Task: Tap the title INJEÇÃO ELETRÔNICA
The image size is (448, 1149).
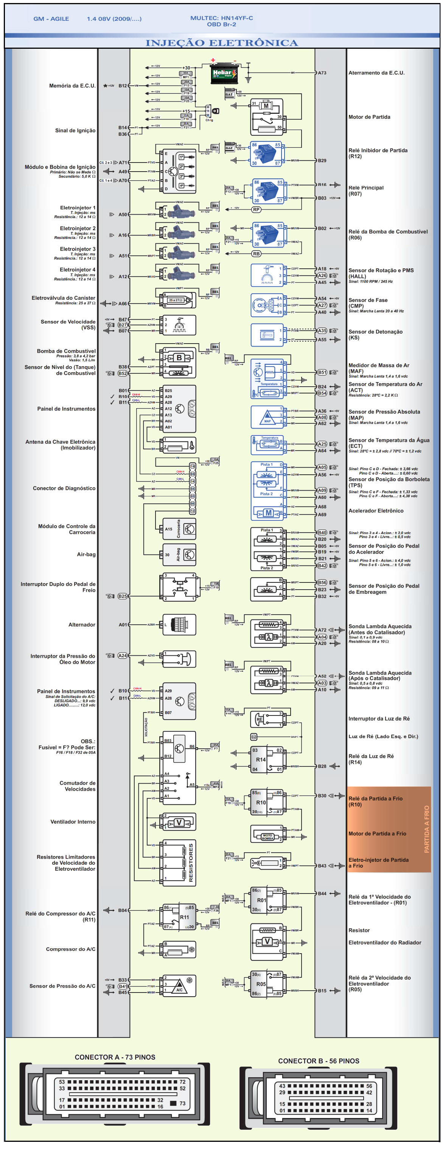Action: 222,43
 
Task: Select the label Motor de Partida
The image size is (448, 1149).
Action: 369,117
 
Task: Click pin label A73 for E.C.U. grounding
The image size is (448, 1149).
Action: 322,73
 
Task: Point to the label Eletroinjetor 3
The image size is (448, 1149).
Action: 77,249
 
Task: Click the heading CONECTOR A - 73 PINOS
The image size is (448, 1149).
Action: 115,1058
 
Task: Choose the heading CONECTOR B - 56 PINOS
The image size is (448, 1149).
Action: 319,1061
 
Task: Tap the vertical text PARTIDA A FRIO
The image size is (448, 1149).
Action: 426,830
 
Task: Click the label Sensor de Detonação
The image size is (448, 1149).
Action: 375,332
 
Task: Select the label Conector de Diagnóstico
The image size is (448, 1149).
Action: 64,488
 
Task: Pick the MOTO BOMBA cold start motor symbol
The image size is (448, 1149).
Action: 267,837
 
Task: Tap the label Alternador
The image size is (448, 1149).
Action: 82,625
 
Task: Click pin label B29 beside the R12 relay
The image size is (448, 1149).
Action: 322,161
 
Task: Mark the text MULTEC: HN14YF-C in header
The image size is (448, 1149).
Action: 222,18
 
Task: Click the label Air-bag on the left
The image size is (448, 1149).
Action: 86,554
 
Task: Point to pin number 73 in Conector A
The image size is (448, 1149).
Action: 182,1104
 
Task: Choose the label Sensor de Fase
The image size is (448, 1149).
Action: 368,300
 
